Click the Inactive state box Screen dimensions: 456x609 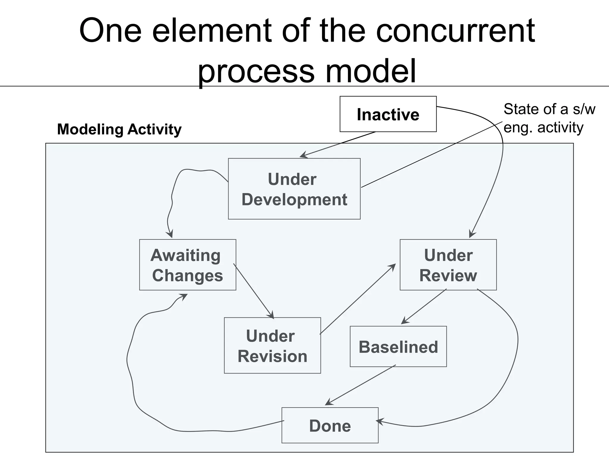click(388, 114)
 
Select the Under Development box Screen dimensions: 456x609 click(294, 189)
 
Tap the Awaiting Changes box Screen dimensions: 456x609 click(188, 265)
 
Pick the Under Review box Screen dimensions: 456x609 click(448, 265)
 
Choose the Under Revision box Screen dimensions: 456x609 click(272, 346)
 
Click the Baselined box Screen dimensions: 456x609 click(398, 347)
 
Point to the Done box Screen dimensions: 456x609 click(330, 425)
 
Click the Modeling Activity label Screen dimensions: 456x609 click(119, 129)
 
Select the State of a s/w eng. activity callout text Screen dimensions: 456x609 click(549, 118)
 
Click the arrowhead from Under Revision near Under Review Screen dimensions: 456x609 click(393, 266)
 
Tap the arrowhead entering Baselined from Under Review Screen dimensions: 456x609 click(404, 322)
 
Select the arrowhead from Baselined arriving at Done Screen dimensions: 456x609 click(328, 403)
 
